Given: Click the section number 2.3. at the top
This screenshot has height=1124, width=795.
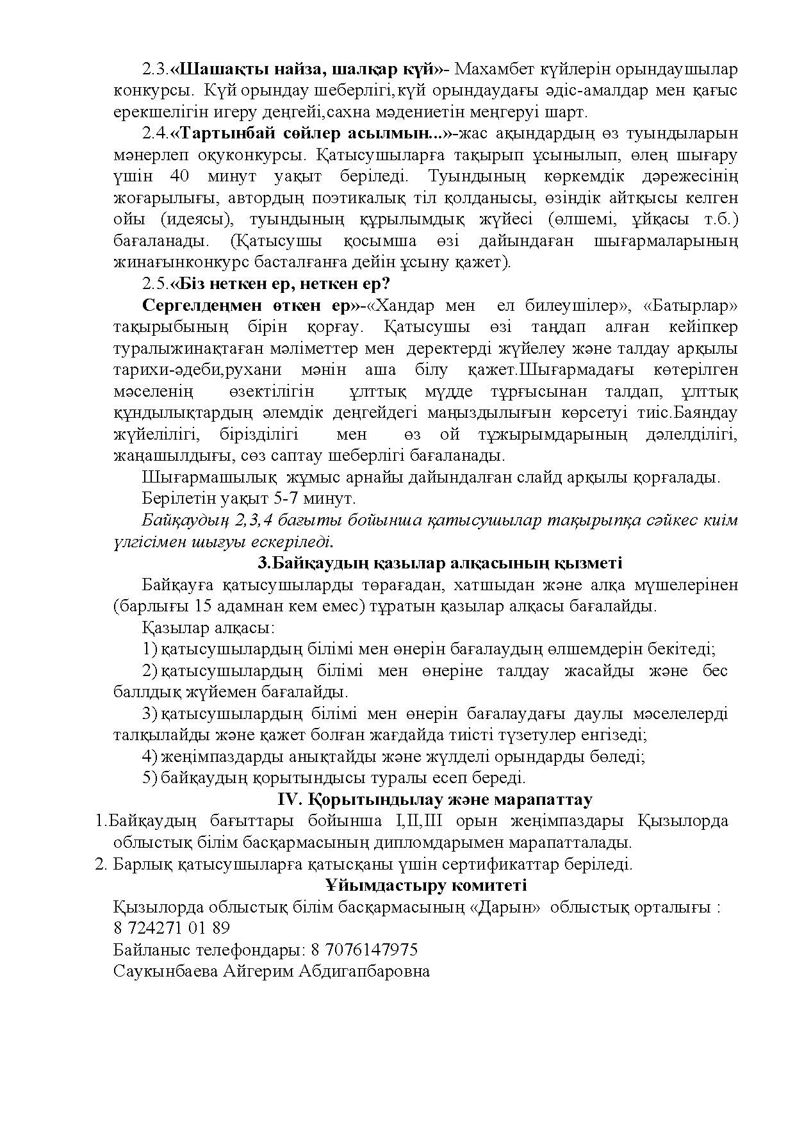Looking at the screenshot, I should pos(155,69).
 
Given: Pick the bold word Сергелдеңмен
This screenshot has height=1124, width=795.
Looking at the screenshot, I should pos(196,306).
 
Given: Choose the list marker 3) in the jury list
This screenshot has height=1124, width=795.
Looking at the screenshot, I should pos(149,714).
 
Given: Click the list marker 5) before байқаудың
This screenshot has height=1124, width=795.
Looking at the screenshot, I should pos(149,778).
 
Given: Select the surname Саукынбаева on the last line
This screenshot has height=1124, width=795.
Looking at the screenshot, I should pos(165,971).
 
